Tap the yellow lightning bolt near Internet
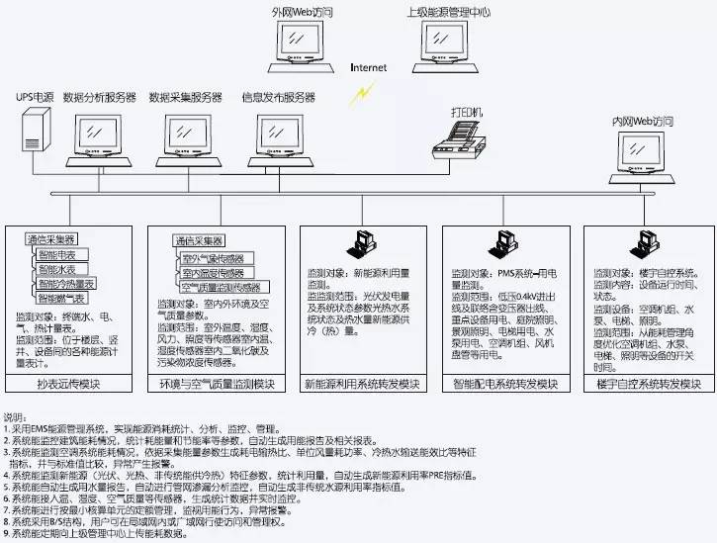[367, 92]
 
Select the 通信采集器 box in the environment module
[198, 240]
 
